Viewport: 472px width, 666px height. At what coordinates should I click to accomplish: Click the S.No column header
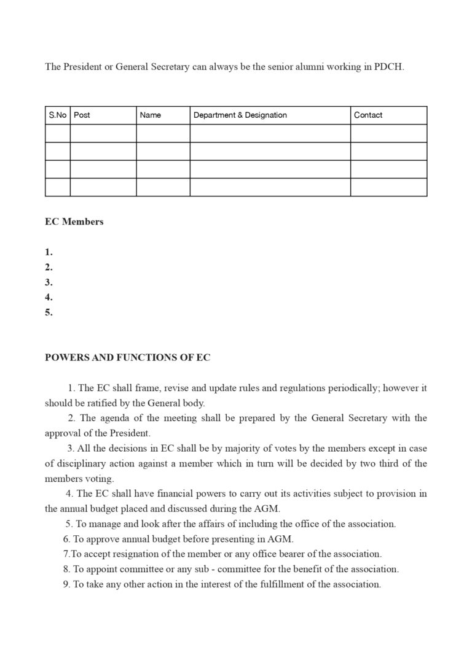point(57,115)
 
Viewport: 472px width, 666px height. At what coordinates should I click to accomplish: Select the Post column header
point(82,115)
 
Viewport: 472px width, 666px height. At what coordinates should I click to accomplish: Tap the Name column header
point(151,115)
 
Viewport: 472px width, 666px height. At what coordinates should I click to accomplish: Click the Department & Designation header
point(240,115)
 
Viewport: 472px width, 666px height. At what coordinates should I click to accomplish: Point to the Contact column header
point(368,115)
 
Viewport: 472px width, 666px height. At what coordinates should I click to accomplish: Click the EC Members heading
point(74,222)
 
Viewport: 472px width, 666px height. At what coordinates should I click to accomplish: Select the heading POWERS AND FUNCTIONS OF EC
point(128,358)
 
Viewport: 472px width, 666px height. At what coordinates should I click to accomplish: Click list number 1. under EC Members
point(49,252)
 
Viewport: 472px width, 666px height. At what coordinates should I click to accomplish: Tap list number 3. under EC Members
point(49,282)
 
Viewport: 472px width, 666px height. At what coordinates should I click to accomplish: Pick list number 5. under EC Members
point(49,312)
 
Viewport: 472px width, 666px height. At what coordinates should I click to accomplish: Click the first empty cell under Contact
point(388,133)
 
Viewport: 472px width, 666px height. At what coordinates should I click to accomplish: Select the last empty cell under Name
point(163,187)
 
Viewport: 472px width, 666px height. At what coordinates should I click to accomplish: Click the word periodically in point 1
point(342,388)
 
